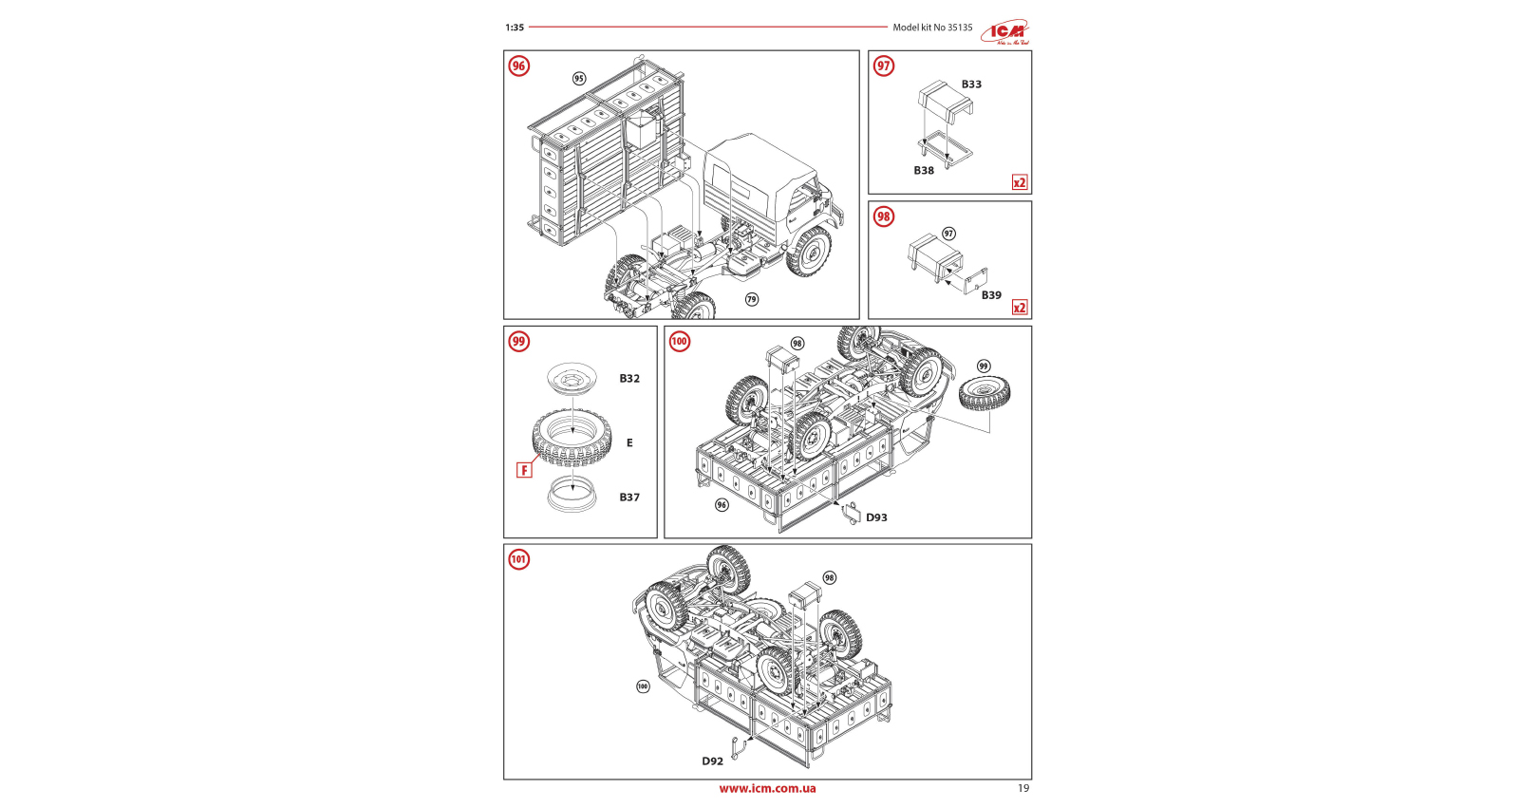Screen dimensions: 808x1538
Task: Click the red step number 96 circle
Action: coord(518,66)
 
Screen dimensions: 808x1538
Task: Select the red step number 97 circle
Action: coord(884,66)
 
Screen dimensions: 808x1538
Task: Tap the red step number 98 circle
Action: coord(884,216)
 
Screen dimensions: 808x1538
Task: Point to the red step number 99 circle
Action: coord(518,342)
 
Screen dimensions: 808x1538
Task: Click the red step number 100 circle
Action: coord(680,342)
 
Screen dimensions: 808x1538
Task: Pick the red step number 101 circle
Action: coord(518,559)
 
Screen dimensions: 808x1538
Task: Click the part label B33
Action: coord(971,85)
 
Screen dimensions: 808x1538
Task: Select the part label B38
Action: coord(924,171)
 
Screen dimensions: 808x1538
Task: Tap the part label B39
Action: coord(991,295)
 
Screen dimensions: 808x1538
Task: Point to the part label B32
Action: coord(629,379)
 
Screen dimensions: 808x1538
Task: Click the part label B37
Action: coord(629,498)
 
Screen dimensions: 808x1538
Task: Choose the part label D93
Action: coord(876,517)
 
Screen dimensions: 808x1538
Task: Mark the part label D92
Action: coord(712,761)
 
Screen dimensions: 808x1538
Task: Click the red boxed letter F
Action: coord(524,470)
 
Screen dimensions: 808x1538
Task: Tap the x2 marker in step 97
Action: coord(1020,182)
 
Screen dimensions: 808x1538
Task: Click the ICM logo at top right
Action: coord(1005,32)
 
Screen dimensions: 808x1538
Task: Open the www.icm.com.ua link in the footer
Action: coord(767,788)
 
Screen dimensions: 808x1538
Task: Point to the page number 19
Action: coord(1023,788)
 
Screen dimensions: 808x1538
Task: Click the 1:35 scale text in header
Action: coord(515,28)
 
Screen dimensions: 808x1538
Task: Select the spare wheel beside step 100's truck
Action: coord(985,392)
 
